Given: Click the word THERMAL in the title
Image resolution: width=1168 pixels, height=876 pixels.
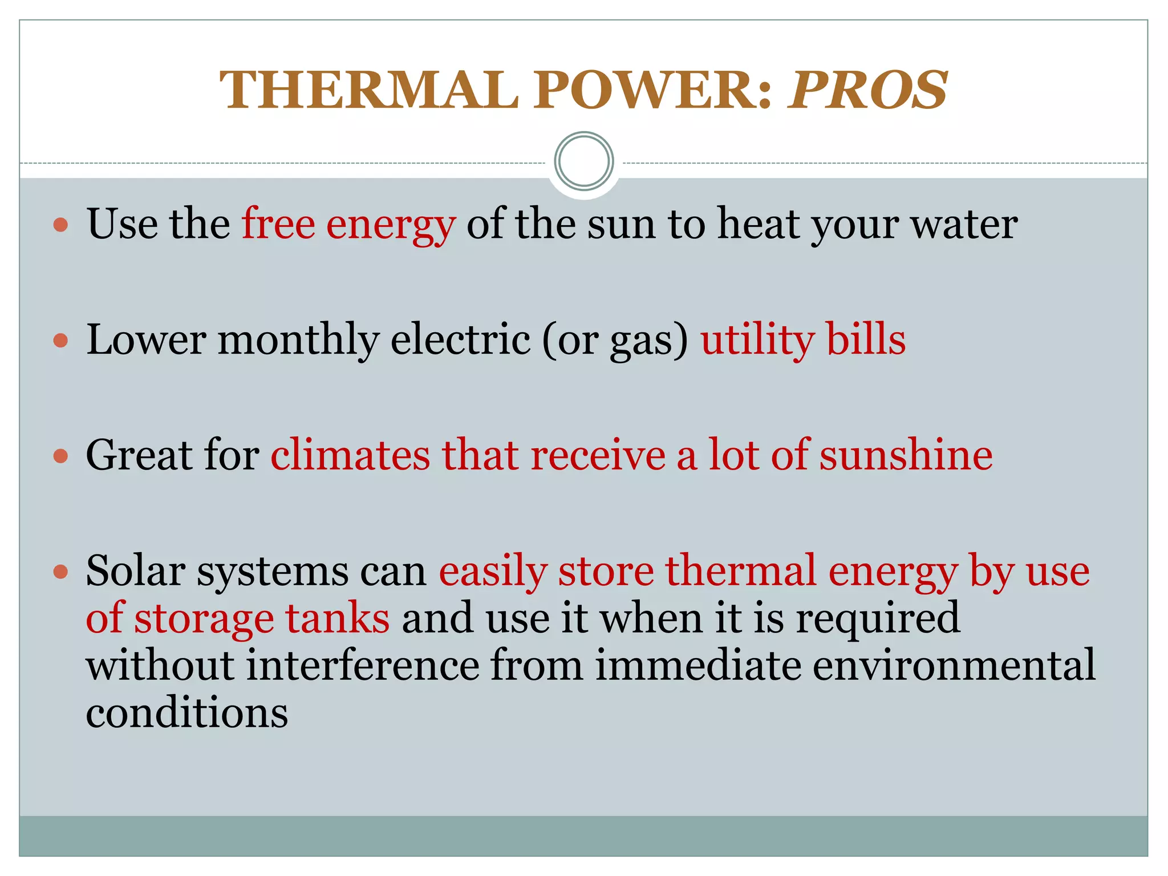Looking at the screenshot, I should coord(368,90).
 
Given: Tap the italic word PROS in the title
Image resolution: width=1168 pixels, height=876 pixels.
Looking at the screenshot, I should coord(867,90).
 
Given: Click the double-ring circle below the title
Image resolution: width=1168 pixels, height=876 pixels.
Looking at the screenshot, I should coord(583,161).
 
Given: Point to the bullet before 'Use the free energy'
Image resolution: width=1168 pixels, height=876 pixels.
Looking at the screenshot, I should coord(60,225).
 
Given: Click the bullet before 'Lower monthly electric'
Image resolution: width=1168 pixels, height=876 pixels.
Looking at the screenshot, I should coord(60,340).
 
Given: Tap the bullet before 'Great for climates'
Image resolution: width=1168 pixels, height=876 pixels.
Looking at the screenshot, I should coord(60,456).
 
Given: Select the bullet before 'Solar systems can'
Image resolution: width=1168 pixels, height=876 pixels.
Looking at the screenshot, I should coord(60,571).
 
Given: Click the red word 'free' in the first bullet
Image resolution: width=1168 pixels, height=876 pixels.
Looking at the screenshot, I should coord(278,224).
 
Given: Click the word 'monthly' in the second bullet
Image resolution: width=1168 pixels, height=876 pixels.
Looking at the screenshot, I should coord(298,340).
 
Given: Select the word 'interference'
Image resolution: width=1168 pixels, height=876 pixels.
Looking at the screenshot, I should coord(363,666).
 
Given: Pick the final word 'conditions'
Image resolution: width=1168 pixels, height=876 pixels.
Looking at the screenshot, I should coord(187,713).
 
